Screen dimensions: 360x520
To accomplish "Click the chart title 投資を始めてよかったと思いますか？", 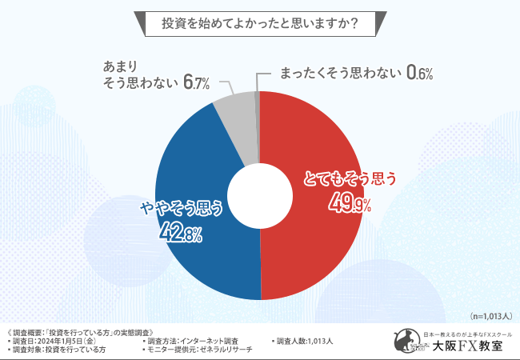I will (x=259, y=23).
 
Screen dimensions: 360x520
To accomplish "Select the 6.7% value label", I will (x=196, y=82).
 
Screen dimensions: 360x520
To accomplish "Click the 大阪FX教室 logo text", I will (x=467, y=346).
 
